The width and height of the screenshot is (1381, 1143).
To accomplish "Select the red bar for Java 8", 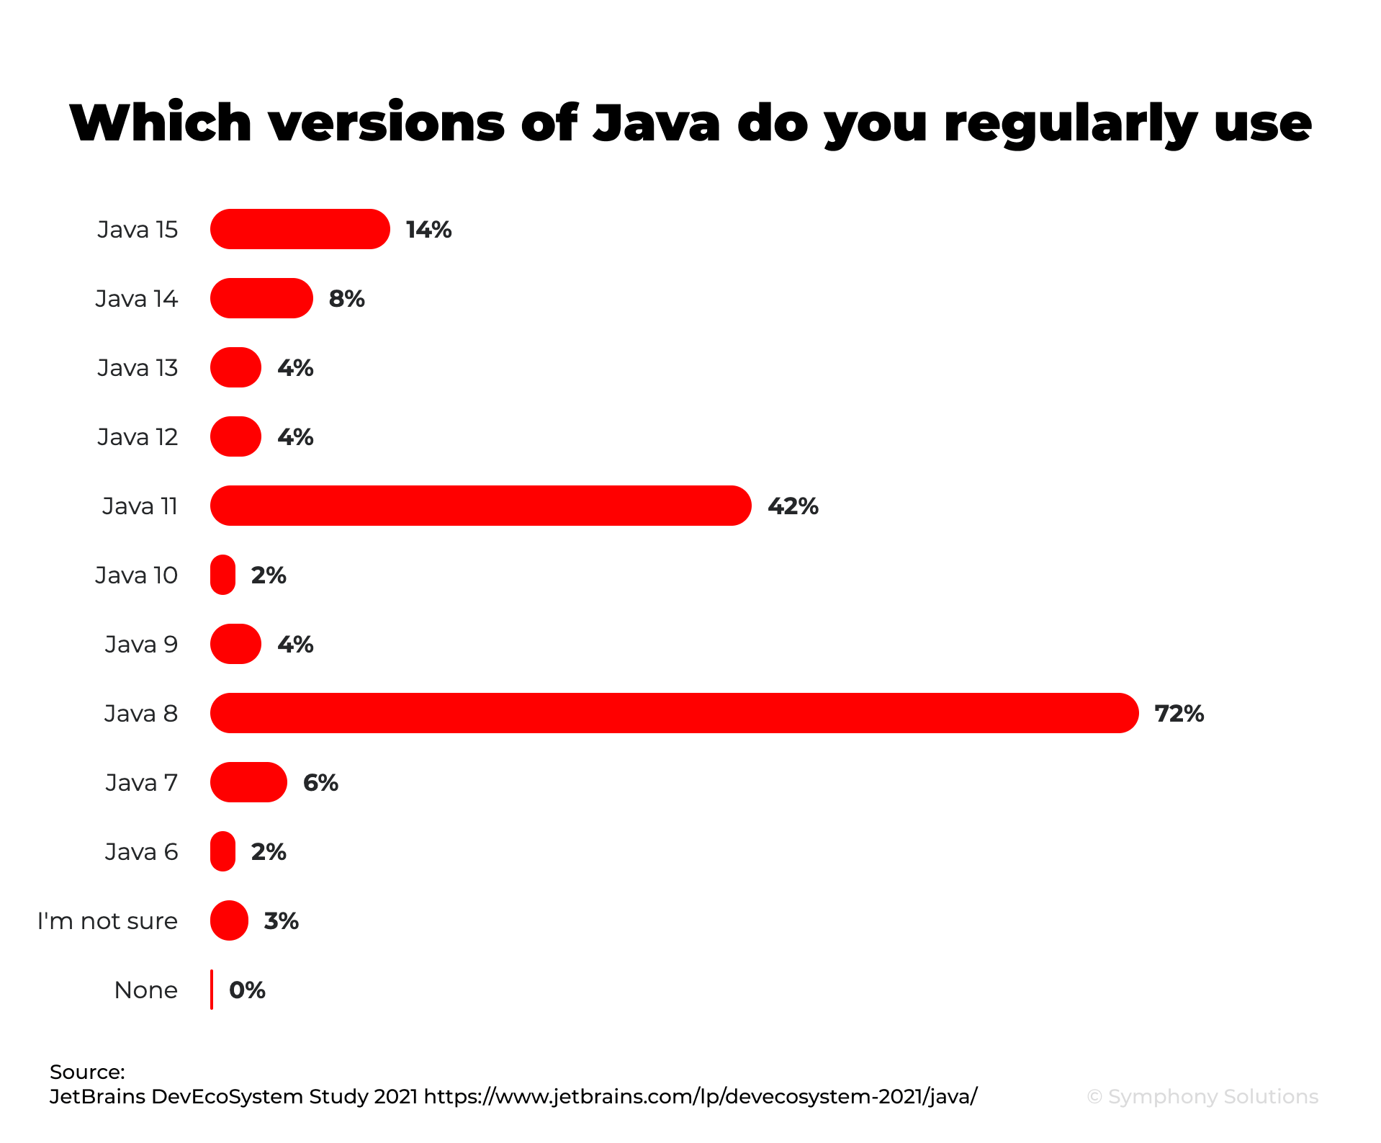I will tap(674, 713).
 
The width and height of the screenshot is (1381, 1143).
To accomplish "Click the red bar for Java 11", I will tap(480, 506).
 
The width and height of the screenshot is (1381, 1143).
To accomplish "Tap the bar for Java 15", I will tap(300, 229).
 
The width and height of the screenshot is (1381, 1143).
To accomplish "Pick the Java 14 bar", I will tap(261, 298).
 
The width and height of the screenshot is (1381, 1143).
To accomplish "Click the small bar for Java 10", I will tap(222, 575).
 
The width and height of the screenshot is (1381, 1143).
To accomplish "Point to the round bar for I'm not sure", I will tap(229, 920).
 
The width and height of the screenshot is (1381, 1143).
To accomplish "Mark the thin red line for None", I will tap(212, 990).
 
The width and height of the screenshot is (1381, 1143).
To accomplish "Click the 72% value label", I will tap(1179, 714).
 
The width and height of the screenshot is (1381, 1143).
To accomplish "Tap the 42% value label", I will tap(793, 506).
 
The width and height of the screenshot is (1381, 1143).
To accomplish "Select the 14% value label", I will tap(428, 230).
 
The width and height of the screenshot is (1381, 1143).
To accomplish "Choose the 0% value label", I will tap(247, 990).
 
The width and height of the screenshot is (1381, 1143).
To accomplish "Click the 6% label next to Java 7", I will tap(320, 783).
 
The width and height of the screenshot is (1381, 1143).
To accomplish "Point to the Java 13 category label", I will tap(138, 368).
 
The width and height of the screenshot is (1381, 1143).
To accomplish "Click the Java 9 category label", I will tap(141, 645).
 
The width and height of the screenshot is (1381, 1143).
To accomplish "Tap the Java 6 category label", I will tap(141, 852).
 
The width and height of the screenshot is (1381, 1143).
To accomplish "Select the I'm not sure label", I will tap(107, 921).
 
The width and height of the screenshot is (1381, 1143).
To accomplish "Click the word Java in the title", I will tap(656, 122).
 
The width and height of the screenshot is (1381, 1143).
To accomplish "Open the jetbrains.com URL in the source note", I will tap(700, 1096).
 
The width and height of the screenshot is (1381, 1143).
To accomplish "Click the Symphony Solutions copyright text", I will tap(1202, 1096).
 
